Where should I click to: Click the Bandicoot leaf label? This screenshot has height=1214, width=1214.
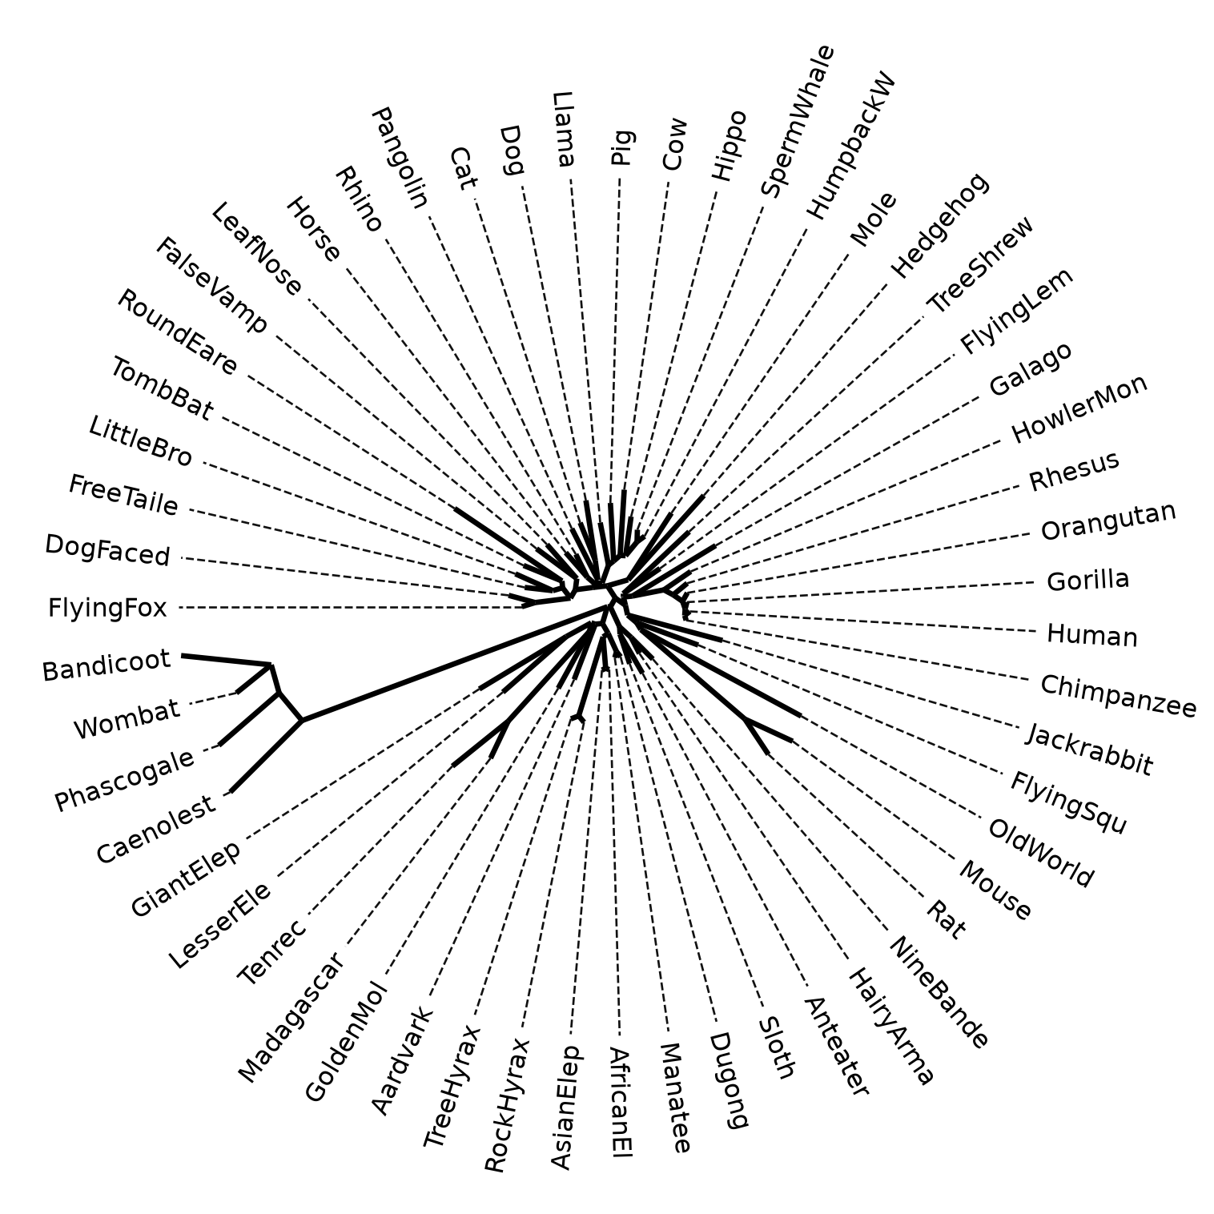107,665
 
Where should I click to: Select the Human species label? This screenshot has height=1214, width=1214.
1091,635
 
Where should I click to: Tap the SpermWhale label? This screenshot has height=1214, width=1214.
798,121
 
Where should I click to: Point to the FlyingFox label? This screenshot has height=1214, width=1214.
107,609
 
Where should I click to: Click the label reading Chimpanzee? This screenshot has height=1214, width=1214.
1118,696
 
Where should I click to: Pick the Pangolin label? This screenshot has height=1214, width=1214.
400,158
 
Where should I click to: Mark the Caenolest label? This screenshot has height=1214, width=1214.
156,830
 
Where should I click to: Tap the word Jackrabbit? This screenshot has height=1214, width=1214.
1089,750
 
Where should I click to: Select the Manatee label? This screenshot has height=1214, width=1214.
674,1097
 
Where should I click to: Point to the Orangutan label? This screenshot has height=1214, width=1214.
1108,521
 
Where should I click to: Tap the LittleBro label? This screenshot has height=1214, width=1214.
141,441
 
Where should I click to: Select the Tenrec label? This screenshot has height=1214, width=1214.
272,952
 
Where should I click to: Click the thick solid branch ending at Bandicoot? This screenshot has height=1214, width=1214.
227,660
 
